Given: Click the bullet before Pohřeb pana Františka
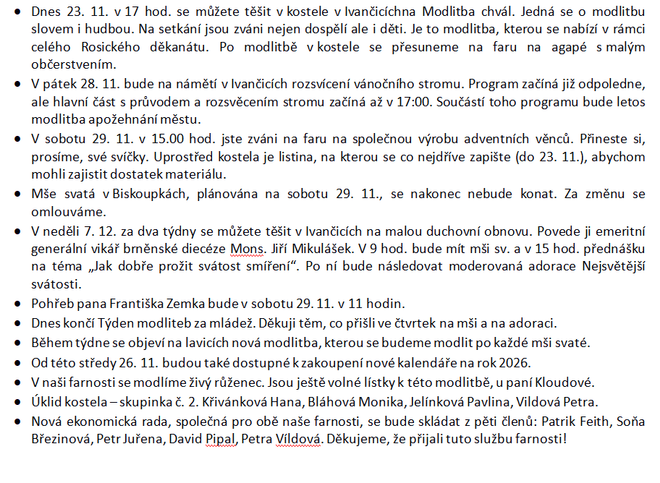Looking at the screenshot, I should (x=17, y=303).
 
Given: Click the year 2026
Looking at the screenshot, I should (x=517, y=362).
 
